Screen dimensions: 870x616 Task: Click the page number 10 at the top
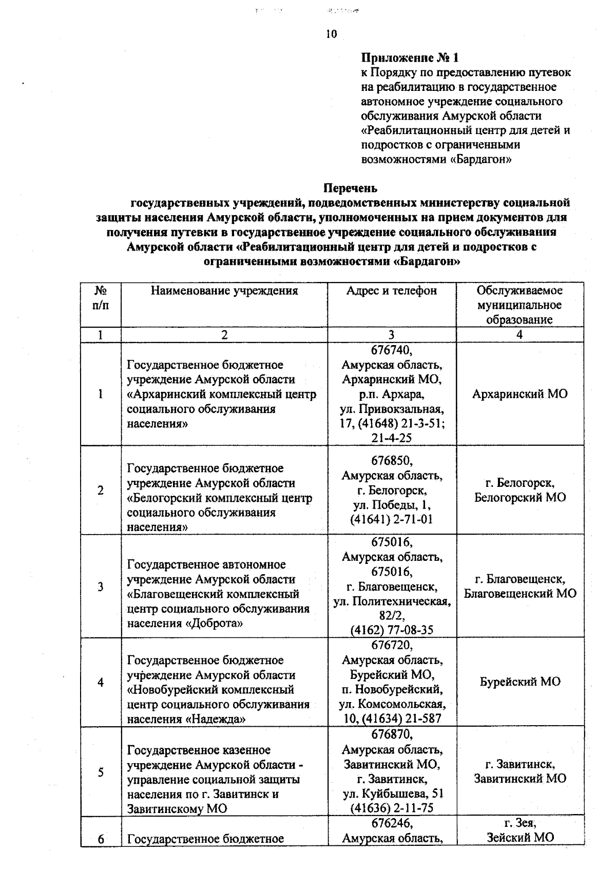pos(331,34)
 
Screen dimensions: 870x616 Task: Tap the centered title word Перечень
pos(350,188)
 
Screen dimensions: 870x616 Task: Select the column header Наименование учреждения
pos(224,291)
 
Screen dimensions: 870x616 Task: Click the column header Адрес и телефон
pos(391,291)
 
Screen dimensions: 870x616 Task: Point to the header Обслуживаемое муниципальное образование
pos(519,305)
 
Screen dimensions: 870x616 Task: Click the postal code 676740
pos(392,350)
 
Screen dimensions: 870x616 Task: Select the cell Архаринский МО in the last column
pos(519,394)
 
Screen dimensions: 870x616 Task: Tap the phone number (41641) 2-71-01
pos(391,519)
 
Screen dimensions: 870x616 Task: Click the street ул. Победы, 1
pos(392,504)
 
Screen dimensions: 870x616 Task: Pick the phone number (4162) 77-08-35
pos(391,630)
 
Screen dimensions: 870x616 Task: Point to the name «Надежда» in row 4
pos(215,719)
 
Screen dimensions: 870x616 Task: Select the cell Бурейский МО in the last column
pos(520,682)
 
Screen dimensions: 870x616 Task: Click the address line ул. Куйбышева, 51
pos(393,793)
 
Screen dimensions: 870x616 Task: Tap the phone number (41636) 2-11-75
pos(391,808)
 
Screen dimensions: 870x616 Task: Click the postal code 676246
pos(392,823)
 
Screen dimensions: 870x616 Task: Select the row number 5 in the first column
pos(101,772)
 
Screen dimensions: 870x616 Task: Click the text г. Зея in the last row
pos(520,823)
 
